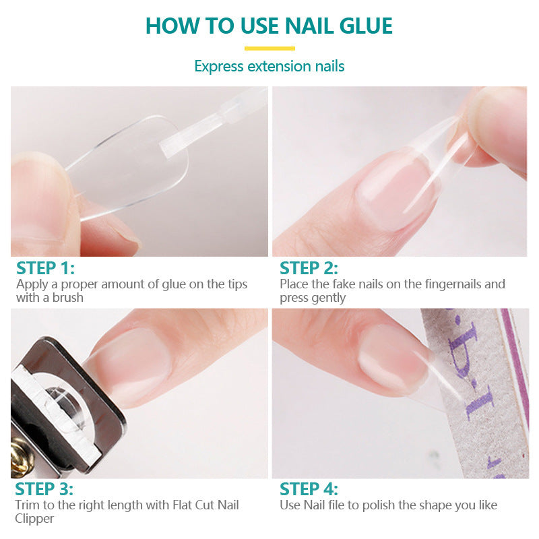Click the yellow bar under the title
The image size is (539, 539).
click(269, 49)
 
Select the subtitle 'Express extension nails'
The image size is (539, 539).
click(269, 66)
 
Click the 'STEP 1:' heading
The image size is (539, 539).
click(45, 268)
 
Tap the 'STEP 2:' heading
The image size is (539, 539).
click(309, 268)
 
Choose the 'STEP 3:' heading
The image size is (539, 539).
click(44, 489)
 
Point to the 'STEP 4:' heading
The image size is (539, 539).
click(309, 489)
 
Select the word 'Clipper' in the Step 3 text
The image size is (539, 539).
click(35, 519)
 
